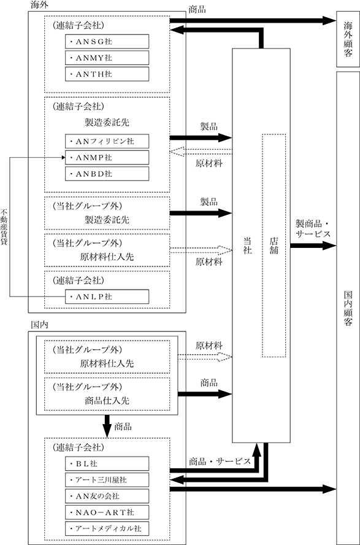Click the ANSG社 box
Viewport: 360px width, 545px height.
(107, 41)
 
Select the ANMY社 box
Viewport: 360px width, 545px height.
(107, 58)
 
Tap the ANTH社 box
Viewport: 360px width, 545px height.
(107, 74)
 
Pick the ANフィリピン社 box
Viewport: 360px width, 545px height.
(107, 141)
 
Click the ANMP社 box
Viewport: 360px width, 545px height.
(107, 158)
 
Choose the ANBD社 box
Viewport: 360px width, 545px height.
(107, 174)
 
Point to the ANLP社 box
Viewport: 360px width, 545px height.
(107, 296)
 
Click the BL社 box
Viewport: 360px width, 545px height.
(107, 463)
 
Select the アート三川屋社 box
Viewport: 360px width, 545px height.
(107, 480)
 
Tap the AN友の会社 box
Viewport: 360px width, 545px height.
(107, 496)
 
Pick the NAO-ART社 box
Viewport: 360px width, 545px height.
(107, 512)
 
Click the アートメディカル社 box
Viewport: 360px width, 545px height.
(107, 528)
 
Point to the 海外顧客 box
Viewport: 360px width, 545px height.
(348, 39)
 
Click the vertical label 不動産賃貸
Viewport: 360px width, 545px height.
(4, 227)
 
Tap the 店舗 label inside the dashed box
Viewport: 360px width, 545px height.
(274, 245)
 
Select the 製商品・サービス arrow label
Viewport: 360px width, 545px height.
(313, 228)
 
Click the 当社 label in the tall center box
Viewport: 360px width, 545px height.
(247, 245)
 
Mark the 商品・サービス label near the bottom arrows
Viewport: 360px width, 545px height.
(220, 462)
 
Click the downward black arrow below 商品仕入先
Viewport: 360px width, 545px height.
(107, 426)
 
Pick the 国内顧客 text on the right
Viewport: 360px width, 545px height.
(348, 308)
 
